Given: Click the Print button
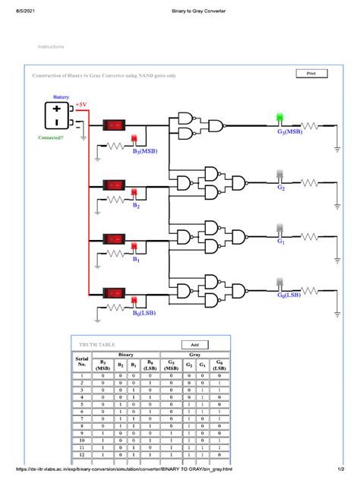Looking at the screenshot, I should pyautogui.click(x=311, y=74).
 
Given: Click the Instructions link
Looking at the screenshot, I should pyautogui.click(x=51, y=47).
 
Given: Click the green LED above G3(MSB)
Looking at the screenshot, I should pyautogui.click(x=280, y=118).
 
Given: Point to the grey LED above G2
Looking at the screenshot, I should pyautogui.click(x=280, y=174).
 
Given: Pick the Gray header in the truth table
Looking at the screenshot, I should pyautogui.click(x=194, y=355).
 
